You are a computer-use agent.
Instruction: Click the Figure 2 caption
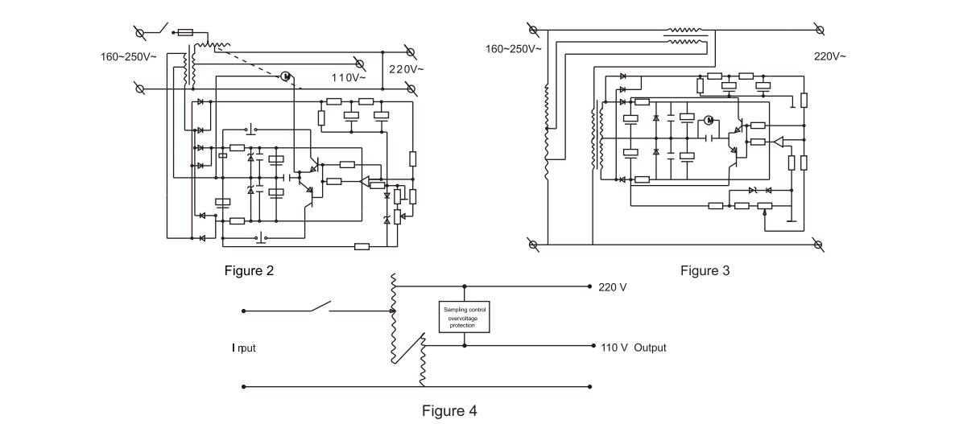point(249,271)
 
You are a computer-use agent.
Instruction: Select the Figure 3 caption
point(705,271)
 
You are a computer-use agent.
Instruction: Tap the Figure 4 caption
point(449,411)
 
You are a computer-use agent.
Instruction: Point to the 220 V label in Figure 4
point(614,287)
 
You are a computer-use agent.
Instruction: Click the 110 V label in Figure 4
point(614,348)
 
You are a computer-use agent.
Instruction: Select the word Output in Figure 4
point(650,348)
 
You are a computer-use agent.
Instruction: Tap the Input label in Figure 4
point(245,348)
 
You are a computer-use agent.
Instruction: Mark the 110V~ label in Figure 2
point(348,78)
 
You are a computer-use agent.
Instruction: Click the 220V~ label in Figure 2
point(406,69)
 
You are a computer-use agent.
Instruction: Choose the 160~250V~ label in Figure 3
point(513,49)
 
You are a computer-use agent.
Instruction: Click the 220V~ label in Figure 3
point(830,56)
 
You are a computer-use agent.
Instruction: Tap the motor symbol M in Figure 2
point(286,76)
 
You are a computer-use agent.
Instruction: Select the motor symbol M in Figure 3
point(709,121)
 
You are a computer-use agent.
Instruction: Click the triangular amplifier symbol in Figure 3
point(778,142)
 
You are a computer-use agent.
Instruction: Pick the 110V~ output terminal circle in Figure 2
point(360,63)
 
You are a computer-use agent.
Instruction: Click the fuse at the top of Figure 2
point(184,33)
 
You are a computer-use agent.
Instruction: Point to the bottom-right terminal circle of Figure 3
point(819,243)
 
